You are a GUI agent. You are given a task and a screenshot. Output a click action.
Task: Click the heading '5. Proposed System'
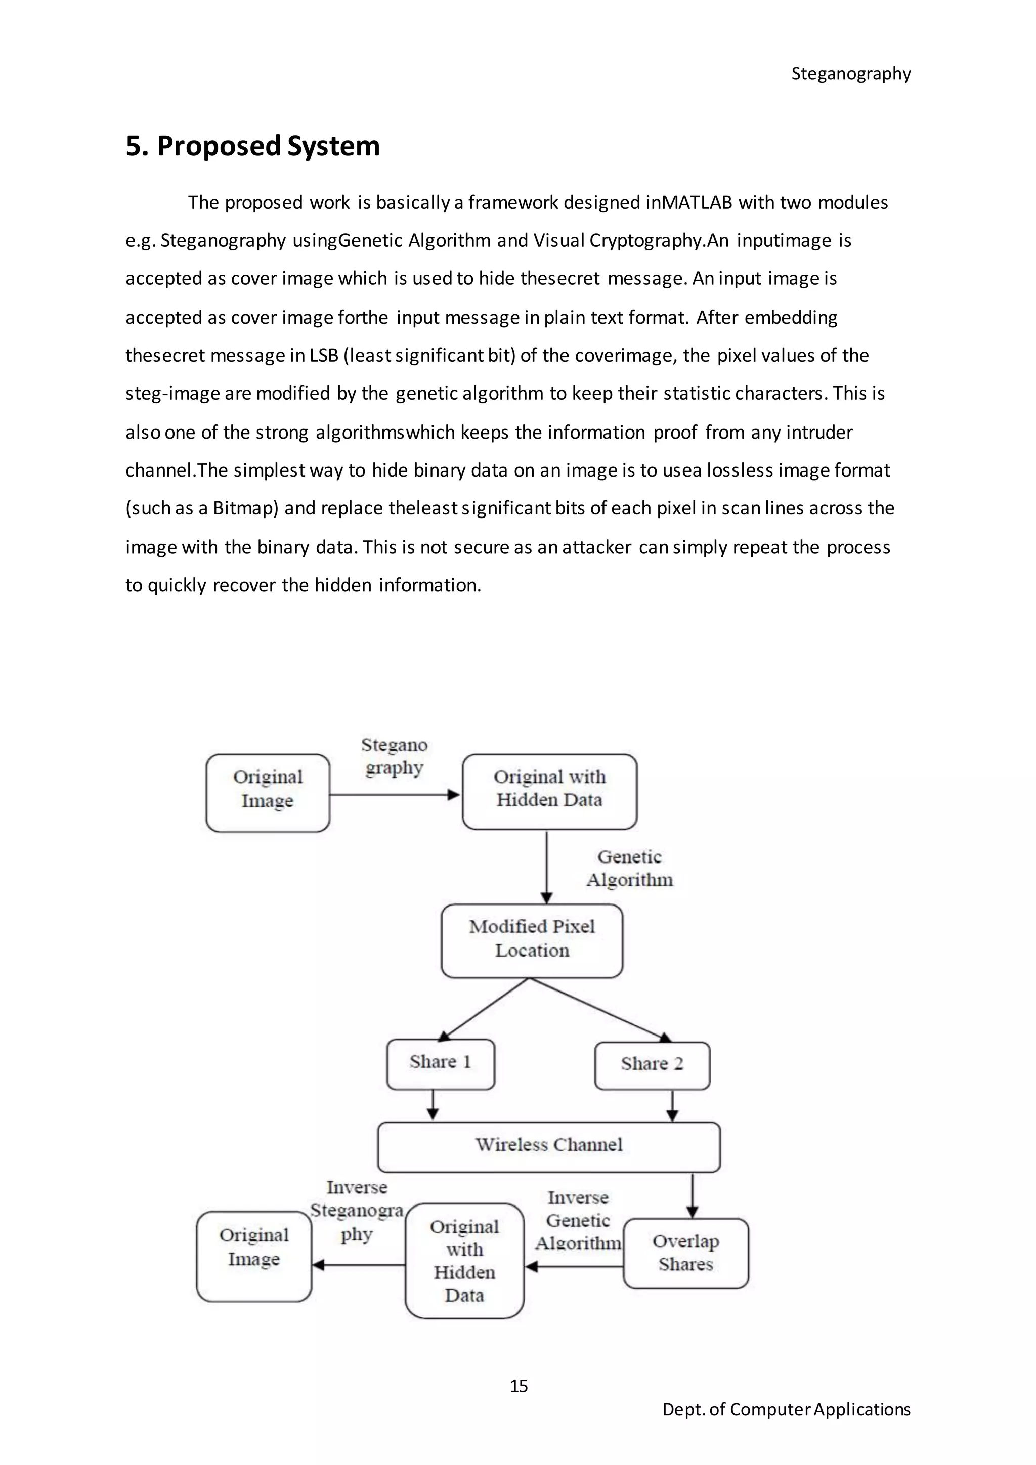point(252,146)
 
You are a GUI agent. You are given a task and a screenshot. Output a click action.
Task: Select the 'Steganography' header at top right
point(850,74)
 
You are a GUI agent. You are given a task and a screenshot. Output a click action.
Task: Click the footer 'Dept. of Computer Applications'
point(786,1409)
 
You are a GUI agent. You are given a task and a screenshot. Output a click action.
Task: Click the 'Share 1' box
point(440,1064)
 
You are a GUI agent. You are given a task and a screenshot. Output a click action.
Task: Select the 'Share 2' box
point(652,1065)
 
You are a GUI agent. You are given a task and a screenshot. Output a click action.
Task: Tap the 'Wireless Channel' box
point(549,1147)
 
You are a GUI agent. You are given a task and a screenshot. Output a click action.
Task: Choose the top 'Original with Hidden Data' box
point(549,791)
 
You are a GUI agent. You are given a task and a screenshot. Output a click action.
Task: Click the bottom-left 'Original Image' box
point(254,1256)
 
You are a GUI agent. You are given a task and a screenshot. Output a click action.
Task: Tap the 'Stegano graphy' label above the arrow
point(394,756)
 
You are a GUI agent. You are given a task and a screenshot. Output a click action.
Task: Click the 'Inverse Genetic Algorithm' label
point(578,1220)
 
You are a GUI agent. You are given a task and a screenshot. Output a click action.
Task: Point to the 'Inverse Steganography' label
point(357,1211)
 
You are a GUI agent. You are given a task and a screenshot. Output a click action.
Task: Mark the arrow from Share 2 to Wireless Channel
point(672,1106)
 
